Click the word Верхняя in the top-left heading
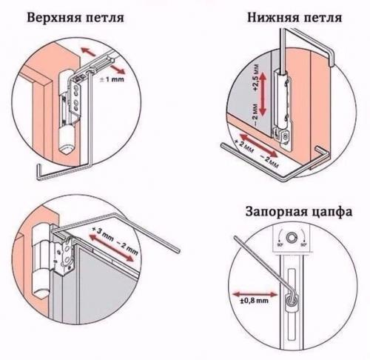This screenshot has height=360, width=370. click(52, 16)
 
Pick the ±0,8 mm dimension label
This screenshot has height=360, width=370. click(252, 301)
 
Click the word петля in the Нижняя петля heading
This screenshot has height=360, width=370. click(327, 16)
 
